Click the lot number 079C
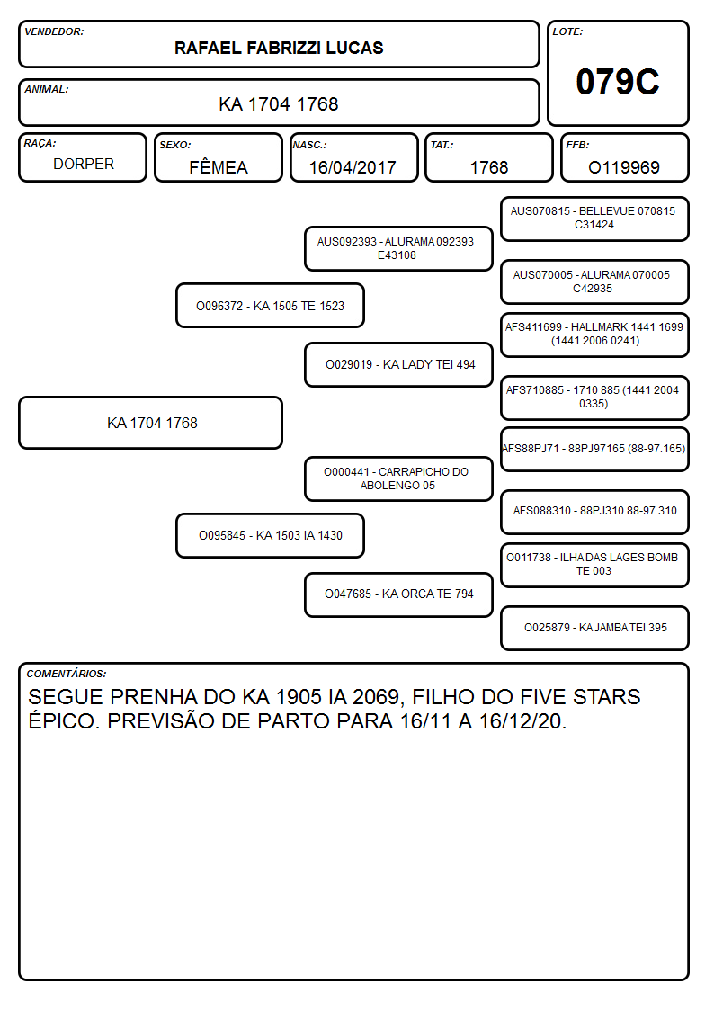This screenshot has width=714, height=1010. point(618,82)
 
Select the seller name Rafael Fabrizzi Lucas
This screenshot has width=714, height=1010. point(279,49)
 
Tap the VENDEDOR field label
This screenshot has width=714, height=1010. point(54,31)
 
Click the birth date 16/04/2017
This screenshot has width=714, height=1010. point(353,167)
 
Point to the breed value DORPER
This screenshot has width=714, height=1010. point(84,165)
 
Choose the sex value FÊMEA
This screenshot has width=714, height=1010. point(219,166)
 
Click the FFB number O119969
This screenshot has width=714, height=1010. point(624,167)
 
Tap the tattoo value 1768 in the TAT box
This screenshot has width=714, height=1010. point(488,167)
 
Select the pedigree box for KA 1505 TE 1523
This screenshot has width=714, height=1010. point(271,306)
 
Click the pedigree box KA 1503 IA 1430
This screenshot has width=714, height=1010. point(271,535)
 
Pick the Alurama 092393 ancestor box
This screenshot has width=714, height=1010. point(398,248)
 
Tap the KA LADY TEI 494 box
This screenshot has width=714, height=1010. point(398,364)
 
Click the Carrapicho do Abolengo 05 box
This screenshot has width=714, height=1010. point(398,478)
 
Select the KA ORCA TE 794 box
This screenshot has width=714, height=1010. point(398,594)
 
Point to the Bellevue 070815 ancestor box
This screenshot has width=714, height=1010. point(594,219)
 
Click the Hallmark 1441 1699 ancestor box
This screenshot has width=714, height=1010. point(594,335)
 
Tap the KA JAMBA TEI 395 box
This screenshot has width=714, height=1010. point(594,628)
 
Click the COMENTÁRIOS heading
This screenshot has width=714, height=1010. point(67,674)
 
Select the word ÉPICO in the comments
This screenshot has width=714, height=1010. point(65,720)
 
